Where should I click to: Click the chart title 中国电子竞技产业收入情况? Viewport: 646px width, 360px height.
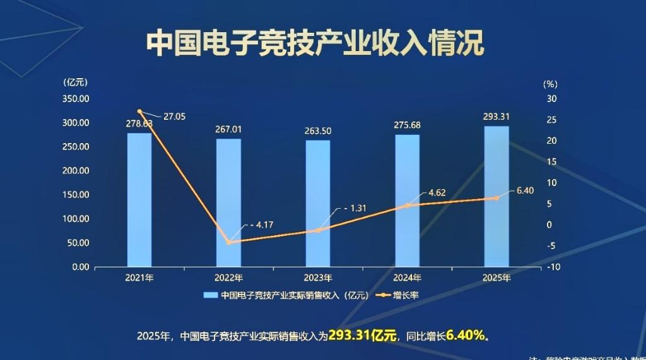pyautogui.click(x=315, y=44)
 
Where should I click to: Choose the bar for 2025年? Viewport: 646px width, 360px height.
pyautogui.click(x=496, y=196)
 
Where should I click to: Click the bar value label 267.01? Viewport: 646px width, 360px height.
pyautogui.click(x=228, y=130)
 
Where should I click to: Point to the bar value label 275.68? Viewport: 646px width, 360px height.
pyautogui.click(x=407, y=125)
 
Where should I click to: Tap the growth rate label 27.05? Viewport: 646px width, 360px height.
pyautogui.click(x=174, y=117)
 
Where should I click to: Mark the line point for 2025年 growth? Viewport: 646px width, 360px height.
pyautogui.click(x=496, y=198)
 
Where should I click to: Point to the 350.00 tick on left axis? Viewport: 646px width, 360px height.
pyautogui.click(x=76, y=99)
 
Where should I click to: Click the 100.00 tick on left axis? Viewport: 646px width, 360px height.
pyautogui.click(x=76, y=219)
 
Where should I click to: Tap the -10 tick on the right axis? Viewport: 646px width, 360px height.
pyautogui.click(x=552, y=267)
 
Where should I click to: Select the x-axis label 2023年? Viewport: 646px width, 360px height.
pyautogui.click(x=318, y=278)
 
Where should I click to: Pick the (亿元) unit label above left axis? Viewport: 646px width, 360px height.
pyautogui.click(x=76, y=82)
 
